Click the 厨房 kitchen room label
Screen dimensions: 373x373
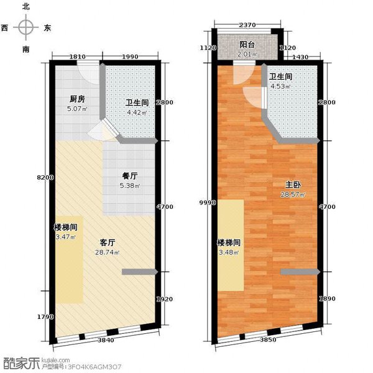(x=77, y=99)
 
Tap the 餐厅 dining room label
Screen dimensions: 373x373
(x=130, y=177)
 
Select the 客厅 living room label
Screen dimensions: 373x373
(x=108, y=242)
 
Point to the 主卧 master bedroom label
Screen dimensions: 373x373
(x=293, y=185)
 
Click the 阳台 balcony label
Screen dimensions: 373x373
(x=247, y=45)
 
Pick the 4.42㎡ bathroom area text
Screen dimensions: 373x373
(x=137, y=113)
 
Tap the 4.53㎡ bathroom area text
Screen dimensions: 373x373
(x=280, y=86)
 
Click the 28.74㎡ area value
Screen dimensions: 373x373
(x=107, y=252)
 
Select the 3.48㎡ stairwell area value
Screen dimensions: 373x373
(x=228, y=252)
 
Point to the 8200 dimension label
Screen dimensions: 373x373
(x=45, y=177)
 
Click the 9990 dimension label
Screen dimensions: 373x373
(x=208, y=203)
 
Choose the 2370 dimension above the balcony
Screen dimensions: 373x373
(x=247, y=25)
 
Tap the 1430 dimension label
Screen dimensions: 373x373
(x=300, y=57)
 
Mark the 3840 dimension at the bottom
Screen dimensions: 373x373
(x=106, y=340)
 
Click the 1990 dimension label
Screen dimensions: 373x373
(x=130, y=57)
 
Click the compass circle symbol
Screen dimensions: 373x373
(x=25, y=27)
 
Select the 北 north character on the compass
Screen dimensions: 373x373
(x=25, y=7)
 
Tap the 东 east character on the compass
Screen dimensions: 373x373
(x=47, y=28)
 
